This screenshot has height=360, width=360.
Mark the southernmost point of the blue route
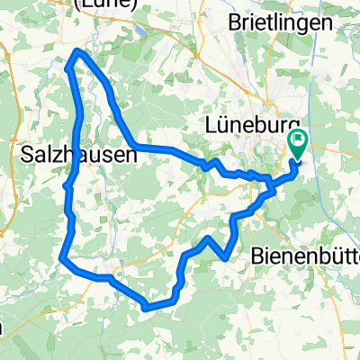146,307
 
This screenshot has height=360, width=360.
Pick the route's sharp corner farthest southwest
60,260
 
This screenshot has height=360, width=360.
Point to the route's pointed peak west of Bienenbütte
209,238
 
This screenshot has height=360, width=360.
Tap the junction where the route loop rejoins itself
271,190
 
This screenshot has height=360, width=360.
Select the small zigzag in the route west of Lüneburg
214,164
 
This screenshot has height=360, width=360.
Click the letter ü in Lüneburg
224,123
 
